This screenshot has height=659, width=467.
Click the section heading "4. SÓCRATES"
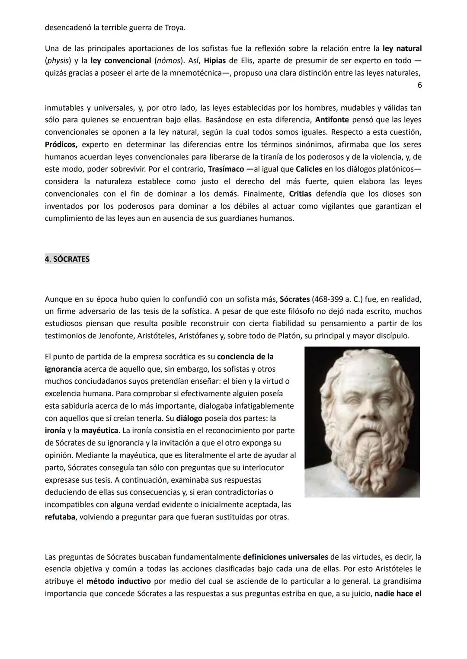coord(67,259)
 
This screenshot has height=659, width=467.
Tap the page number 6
coord(419,85)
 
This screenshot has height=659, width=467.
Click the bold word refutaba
coord(60,517)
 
